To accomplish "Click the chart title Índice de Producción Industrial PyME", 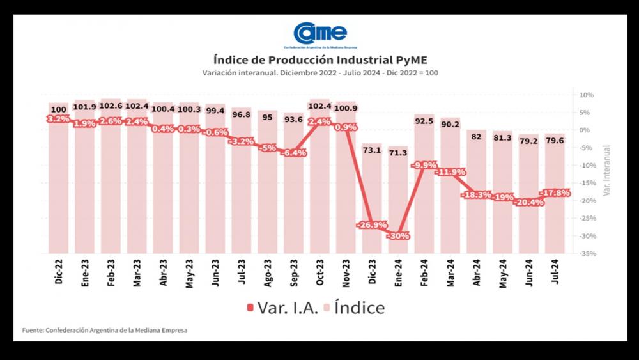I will pos(319,61).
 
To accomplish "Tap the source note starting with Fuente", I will pos(105,331).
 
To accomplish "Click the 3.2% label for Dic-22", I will pos(58,119).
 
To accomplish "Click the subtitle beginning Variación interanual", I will pos(319,74).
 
